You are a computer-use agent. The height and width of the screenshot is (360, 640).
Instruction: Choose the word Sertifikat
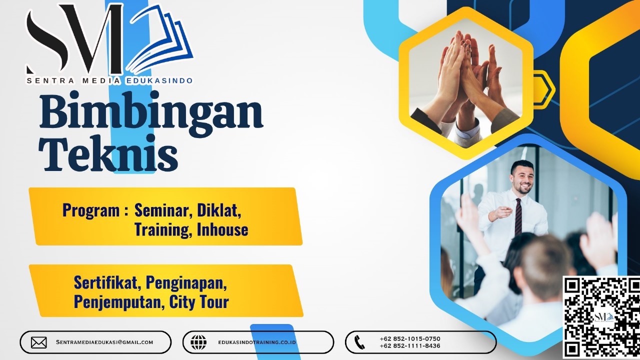107,283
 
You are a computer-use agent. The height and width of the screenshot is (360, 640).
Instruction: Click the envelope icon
38,342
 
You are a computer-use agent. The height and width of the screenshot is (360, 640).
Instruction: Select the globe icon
198,342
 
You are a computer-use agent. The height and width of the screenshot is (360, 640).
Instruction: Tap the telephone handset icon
359,342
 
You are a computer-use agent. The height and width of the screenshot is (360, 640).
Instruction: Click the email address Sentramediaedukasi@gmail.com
104,342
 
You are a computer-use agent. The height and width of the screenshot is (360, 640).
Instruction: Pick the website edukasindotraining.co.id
257,342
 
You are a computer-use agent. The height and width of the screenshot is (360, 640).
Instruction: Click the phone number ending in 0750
409,338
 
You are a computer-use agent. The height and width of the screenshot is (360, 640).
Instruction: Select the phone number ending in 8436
409,346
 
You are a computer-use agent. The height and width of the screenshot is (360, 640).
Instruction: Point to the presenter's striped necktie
518,216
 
